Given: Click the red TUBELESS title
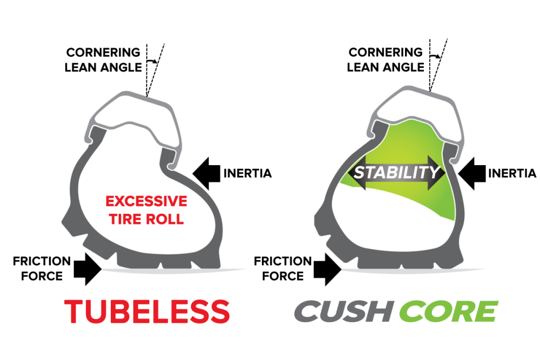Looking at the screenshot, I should (147, 311).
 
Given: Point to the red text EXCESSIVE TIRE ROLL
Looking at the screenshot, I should (146, 210).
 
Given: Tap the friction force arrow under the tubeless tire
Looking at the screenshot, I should (87, 268).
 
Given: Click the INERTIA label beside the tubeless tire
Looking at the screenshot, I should (247, 174).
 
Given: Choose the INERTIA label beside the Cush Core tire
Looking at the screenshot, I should (511, 174).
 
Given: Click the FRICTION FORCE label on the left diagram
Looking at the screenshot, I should (42, 268).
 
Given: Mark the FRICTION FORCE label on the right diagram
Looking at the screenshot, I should (282, 268).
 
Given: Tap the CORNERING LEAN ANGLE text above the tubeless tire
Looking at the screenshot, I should (103, 60).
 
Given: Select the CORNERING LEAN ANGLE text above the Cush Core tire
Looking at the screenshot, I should (386, 60).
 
